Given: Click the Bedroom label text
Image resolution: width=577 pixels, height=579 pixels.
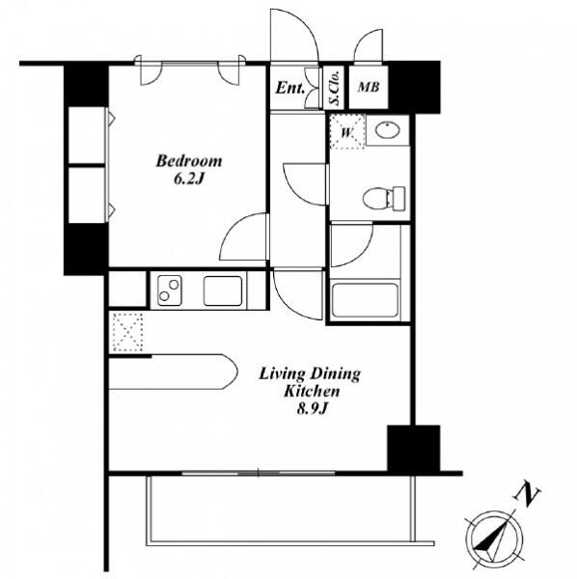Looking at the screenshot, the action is pos(189,161).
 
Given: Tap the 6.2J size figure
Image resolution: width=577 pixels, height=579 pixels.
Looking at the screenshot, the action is pos(189,179).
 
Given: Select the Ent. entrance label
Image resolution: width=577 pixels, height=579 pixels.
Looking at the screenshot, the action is pos(289,88).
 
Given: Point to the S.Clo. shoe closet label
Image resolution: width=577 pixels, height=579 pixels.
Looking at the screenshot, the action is pos(334,88).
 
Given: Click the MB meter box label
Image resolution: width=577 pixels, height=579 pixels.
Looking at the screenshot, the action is pos(369,87).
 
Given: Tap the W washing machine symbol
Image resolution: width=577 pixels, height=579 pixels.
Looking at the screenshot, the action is pos(347,132).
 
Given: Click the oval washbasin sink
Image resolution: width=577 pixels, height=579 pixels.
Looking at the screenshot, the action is pos(387,130).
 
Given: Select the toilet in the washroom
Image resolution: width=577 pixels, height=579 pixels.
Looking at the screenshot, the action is pos(384,198).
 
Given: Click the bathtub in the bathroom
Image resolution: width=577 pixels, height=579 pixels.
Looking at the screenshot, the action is pos(365,300).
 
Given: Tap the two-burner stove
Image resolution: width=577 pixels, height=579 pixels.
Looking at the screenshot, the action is pos(170,290).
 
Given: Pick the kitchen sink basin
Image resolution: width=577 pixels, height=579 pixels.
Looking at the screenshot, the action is pos(223,290).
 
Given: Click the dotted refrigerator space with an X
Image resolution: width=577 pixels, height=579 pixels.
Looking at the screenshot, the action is pos(127,332).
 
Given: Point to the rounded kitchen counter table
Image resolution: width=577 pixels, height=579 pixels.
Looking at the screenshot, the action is pos(173,372).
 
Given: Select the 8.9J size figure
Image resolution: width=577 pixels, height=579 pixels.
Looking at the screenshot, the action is pos(313,409).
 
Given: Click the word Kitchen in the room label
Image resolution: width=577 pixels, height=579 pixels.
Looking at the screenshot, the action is pos(312,392).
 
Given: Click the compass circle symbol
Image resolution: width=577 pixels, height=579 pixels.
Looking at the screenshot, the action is pos(494,539).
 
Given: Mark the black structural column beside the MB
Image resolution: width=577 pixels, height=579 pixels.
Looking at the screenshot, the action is pos(415,87).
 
